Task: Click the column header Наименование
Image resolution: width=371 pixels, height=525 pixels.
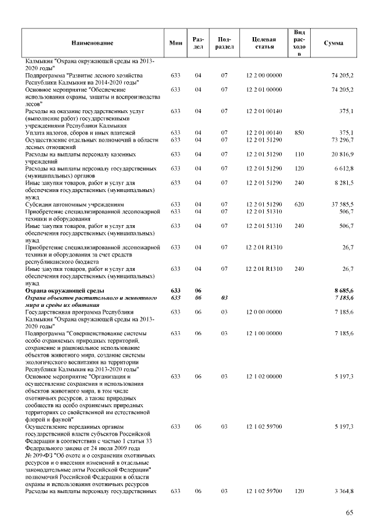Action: pos(93,43)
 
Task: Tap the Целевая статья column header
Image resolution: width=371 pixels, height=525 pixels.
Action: pos(264,43)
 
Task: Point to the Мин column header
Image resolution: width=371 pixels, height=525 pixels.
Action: pos(176,43)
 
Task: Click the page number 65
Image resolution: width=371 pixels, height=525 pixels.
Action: pos(350,512)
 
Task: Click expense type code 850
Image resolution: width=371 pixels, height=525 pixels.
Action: pos(299,133)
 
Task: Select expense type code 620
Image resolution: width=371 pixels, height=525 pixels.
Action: pos(299,204)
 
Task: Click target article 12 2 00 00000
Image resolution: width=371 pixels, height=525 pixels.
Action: pos(264,75)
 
